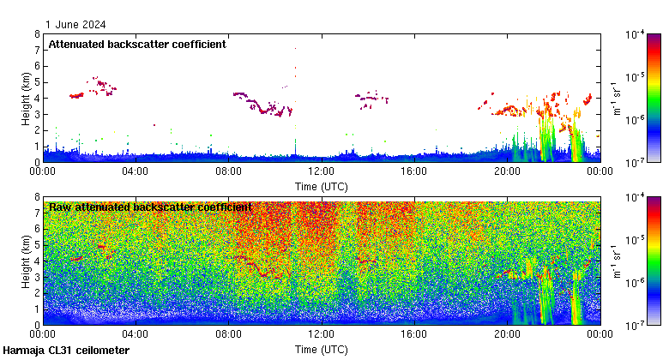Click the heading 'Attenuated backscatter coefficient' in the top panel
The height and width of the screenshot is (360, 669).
pyautogui.click(x=137, y=44)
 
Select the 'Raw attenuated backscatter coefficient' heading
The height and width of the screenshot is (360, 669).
pyautogui.click(x=150, y=207)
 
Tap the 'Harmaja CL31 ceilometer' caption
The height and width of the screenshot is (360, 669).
pyautogui.click(x=66, y=351)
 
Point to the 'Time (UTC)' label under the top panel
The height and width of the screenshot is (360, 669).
pyautogui.click(x=321, y=185)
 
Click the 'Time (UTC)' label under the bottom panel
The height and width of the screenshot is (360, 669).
pyautogui.click(x=321, y=349)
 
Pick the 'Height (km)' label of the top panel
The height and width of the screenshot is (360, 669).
pyautogui.click(x=27, y=98)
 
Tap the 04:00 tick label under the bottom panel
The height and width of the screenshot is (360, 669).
pyautogui.click(x=136, y=334)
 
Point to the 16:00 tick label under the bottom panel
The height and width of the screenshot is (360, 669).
pyautogui.click(x=413, y=334)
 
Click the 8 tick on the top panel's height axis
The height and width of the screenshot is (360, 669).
pyautogui.click(x=37, y=34)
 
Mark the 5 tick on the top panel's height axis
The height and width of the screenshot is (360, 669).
pyautogui.click(x=37, y=82)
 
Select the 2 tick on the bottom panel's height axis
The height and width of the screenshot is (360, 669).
pyautogui.click(x=37, y=293)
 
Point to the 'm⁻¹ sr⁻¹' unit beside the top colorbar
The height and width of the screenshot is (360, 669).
pyautogui.click(x=617, y=98)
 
